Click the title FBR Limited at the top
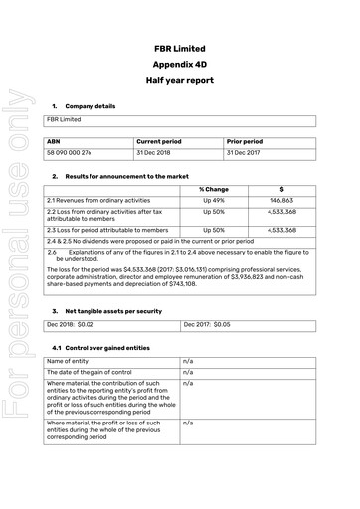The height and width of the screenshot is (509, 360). coord(181,48)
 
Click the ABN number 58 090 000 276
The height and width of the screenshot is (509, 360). coord(71,154)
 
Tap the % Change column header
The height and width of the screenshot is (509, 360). coord(214,189)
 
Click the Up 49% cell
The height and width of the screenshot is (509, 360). coord(214,200)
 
